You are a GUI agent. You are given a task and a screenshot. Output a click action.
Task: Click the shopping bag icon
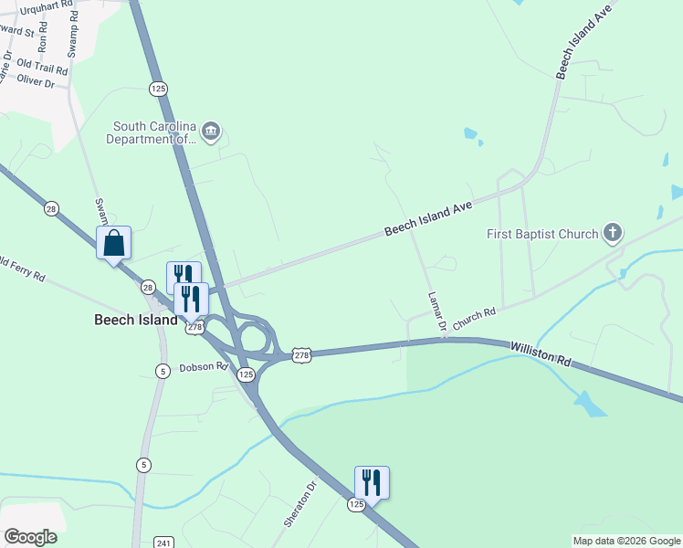click(x=113, y=244)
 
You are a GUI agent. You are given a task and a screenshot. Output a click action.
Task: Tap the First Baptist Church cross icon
click(x=613, y=233)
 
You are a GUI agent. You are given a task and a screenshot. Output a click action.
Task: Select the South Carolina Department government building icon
click(x=211, y=132)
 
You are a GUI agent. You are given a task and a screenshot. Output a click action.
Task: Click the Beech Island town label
click(x=136, y=321)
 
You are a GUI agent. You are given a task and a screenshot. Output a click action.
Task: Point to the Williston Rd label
click(x=541, y=354)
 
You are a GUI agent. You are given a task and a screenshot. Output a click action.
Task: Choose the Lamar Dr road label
click(x=436, y=311)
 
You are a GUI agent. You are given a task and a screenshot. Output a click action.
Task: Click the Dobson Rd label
click(x=203, y=367)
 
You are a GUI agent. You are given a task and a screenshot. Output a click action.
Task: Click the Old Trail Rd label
click(x=42, y=68)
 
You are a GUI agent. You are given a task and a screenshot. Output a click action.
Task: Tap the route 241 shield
click(x=163, y=543)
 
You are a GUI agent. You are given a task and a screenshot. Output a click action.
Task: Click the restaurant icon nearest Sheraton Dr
click(x=372, y=482)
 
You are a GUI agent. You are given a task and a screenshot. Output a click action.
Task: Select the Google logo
click(x=30, y=537)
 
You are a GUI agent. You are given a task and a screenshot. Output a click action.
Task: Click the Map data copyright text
click(x=625, y=541)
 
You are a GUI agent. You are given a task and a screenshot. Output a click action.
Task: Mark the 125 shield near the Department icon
click(x=159, y=89)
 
